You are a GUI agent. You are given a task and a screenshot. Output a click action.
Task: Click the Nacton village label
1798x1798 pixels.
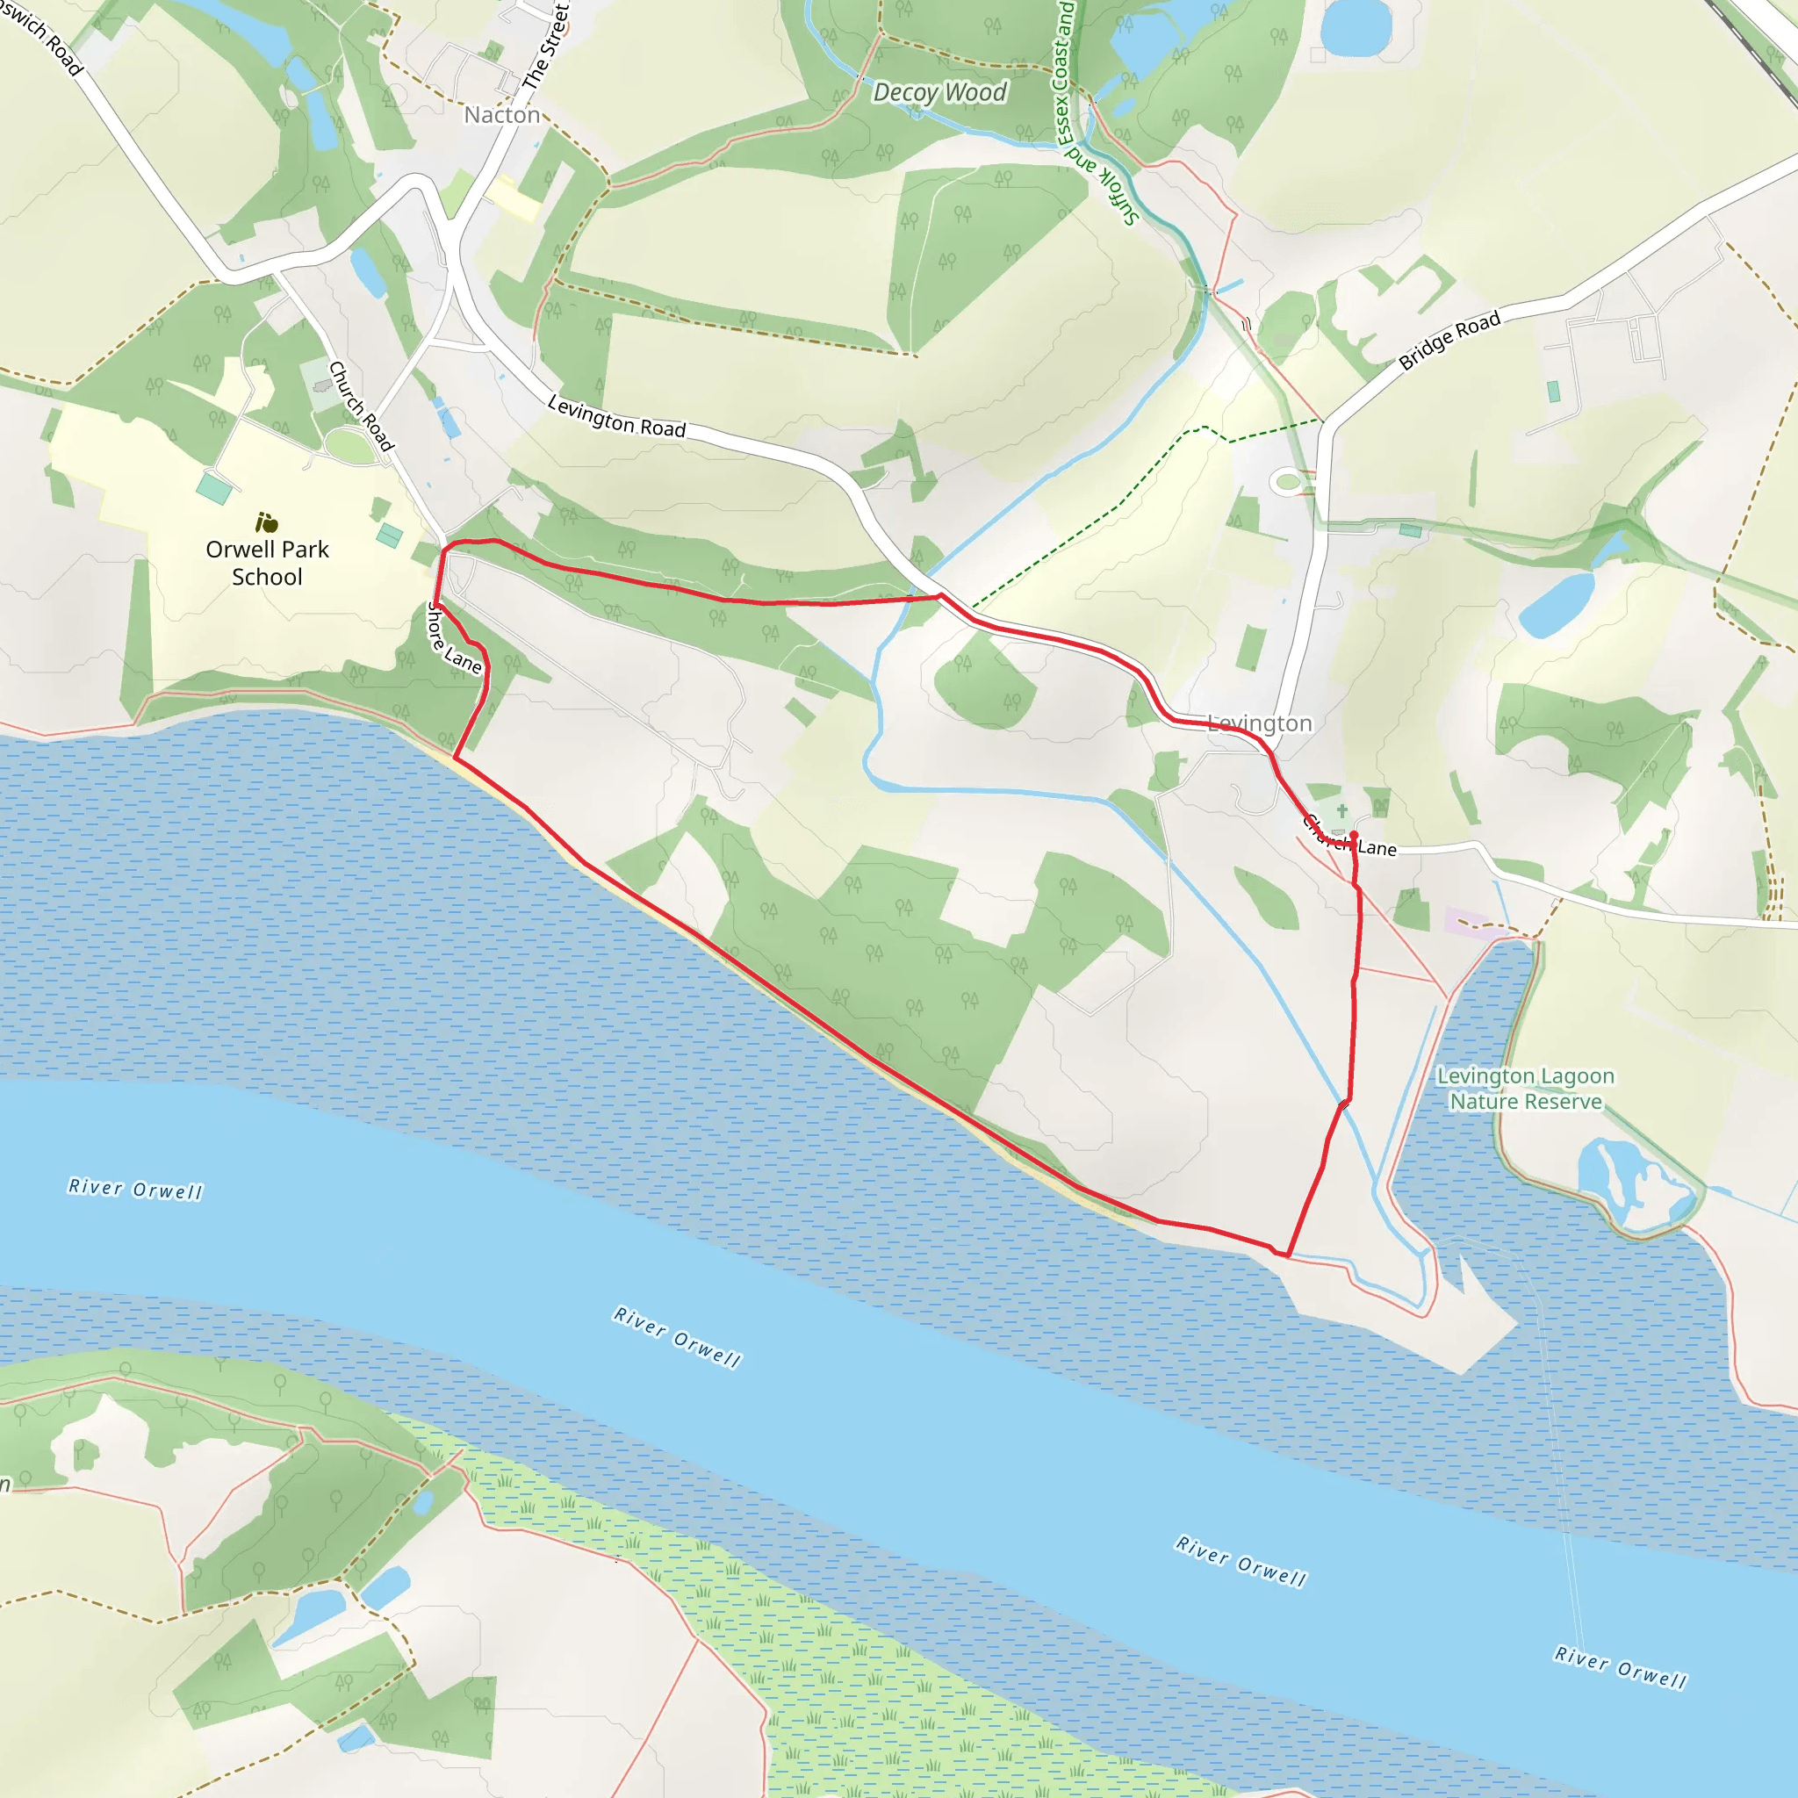(x=501, y=114)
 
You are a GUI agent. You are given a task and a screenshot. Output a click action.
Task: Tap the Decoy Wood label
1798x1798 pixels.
(x=940, y=92)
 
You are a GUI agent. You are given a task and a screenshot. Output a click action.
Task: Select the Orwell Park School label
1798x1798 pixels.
(x=267, y=563)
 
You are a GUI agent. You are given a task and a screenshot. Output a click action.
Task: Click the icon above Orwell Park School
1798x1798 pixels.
(x=267, y=523)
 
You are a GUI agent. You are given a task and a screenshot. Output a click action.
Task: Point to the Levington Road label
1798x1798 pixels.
(x=616, y=416)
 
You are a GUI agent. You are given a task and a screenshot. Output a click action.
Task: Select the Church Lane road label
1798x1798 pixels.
(x=1348, y=837)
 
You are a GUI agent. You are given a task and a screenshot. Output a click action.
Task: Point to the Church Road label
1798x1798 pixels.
(x=362, y=406)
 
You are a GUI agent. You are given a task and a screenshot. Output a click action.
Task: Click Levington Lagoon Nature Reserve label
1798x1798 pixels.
(x=1525, y=1089)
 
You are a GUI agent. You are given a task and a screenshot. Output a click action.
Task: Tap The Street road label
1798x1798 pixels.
(x=546, y=47)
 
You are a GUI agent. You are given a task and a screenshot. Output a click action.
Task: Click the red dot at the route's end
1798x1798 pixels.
(x=1353, y=835)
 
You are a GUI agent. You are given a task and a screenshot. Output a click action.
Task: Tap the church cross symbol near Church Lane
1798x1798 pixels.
(x=1342, y=810)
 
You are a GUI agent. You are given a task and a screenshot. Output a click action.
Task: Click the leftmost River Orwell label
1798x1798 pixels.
(x=135, y=1189)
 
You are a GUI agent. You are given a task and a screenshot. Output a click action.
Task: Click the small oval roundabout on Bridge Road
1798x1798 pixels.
(x=1288, y=481)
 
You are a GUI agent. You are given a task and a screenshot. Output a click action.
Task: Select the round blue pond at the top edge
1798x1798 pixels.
(x=1354, y=26)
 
